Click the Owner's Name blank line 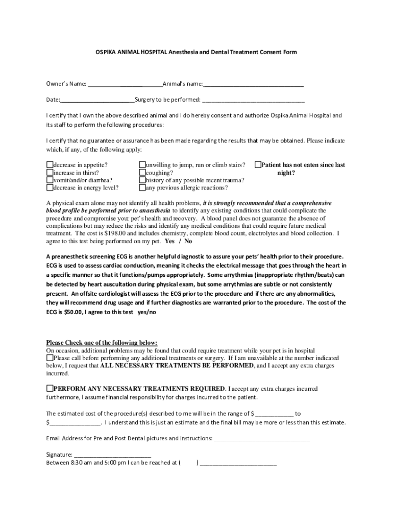click(124, 85)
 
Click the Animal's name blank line click(253, 85)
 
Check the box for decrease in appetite click(50, 165)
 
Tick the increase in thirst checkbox click(50, 173)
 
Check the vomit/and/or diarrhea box click(50, 180)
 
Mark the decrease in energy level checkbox click(50, 187)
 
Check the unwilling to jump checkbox click(142, 165)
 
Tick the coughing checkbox click(142, 173)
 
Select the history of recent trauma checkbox click(142, 180)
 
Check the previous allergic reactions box click(142, 187)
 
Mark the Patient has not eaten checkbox click(258, 165)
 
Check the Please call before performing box click(50, 358)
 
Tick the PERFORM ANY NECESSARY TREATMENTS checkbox click(50, 388)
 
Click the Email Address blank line click(262, 438)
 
